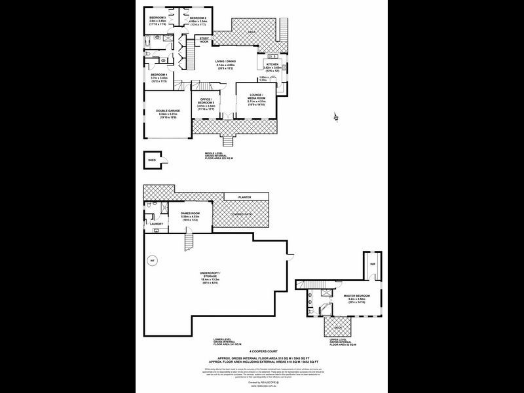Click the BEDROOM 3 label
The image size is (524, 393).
(x=157, y=17)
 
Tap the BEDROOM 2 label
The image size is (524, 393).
(x=198, y=17)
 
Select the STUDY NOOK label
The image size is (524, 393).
(x=204, y=39)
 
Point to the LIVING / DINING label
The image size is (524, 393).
(x=226, y=61)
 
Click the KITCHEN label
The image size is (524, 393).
(x=272, y=64)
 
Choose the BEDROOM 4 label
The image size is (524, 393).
(x=159, y=75)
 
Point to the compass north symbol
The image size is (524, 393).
(x=335, y=118)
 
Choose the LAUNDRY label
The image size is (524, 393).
(x=156, y=224)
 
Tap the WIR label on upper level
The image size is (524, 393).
(x=372, y=263)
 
